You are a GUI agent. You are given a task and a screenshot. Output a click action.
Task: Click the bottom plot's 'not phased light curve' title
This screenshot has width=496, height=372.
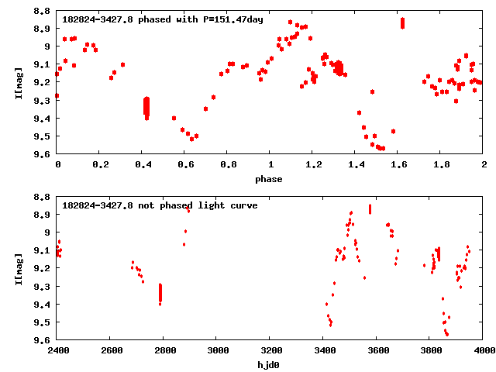pos(160,205)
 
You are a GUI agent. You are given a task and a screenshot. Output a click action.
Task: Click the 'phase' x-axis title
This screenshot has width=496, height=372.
pos(270,179)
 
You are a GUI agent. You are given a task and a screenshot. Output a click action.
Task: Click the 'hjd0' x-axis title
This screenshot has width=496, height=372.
pos(270,365)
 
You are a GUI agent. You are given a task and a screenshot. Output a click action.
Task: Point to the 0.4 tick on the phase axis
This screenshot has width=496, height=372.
pos(143,166)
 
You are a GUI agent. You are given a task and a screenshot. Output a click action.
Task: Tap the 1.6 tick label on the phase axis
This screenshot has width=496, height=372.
pos(398,166)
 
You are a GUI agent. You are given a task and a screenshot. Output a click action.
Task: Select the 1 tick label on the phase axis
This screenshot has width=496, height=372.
pos(270,166)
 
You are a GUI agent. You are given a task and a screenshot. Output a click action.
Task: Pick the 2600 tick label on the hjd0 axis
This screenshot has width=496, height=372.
pos(111,352)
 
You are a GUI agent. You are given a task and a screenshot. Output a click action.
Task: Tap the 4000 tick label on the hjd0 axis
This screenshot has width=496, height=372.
pos(484,352)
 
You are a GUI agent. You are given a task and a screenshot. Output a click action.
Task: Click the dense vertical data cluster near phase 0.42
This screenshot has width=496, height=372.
pos(146,106)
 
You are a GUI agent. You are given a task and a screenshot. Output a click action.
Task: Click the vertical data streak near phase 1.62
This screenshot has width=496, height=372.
pos(403,22)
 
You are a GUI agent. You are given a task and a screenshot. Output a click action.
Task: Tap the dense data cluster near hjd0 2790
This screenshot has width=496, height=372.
pos(160,293)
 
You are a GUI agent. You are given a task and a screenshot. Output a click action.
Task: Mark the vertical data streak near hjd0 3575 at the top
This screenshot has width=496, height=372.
pos(370,208)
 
